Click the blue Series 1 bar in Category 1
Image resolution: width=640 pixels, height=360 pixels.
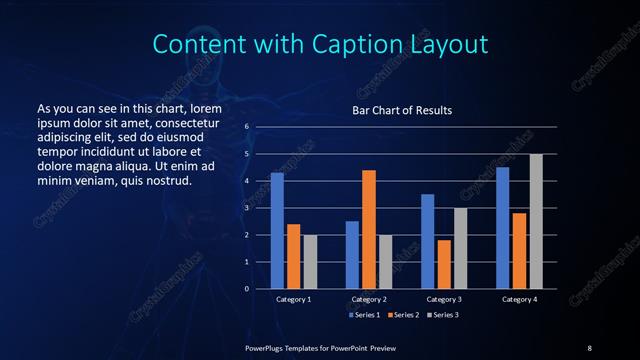click(x=277, y=231)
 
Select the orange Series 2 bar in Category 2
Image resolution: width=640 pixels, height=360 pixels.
click(x=369, y=229)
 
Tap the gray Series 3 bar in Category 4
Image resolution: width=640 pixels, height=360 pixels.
click(x=536, y=221)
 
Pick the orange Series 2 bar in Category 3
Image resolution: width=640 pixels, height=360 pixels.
click(x=444, y=264)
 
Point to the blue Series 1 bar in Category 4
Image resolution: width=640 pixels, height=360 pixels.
click(x=503, y=228)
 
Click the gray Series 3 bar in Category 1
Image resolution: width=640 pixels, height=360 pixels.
click(x=310, y=262)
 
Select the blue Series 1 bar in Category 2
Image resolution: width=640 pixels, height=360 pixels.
click(x=352, y=255)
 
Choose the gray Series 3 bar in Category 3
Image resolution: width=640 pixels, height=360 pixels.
click(x=461, y=248)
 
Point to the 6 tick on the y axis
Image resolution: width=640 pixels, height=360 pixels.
click(x=246, y=127)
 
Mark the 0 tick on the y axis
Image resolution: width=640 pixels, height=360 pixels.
click(x=246, y=289)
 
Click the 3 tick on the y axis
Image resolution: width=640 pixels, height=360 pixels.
click(x=246, y=208)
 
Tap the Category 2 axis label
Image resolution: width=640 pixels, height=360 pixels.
click(x=369, y=299)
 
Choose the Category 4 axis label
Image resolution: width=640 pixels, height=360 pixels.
click(x=519, y=299)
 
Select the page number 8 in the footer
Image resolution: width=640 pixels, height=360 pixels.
click(x=589, y=347)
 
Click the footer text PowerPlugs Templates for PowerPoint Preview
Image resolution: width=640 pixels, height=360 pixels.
click(x=320, y=347)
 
